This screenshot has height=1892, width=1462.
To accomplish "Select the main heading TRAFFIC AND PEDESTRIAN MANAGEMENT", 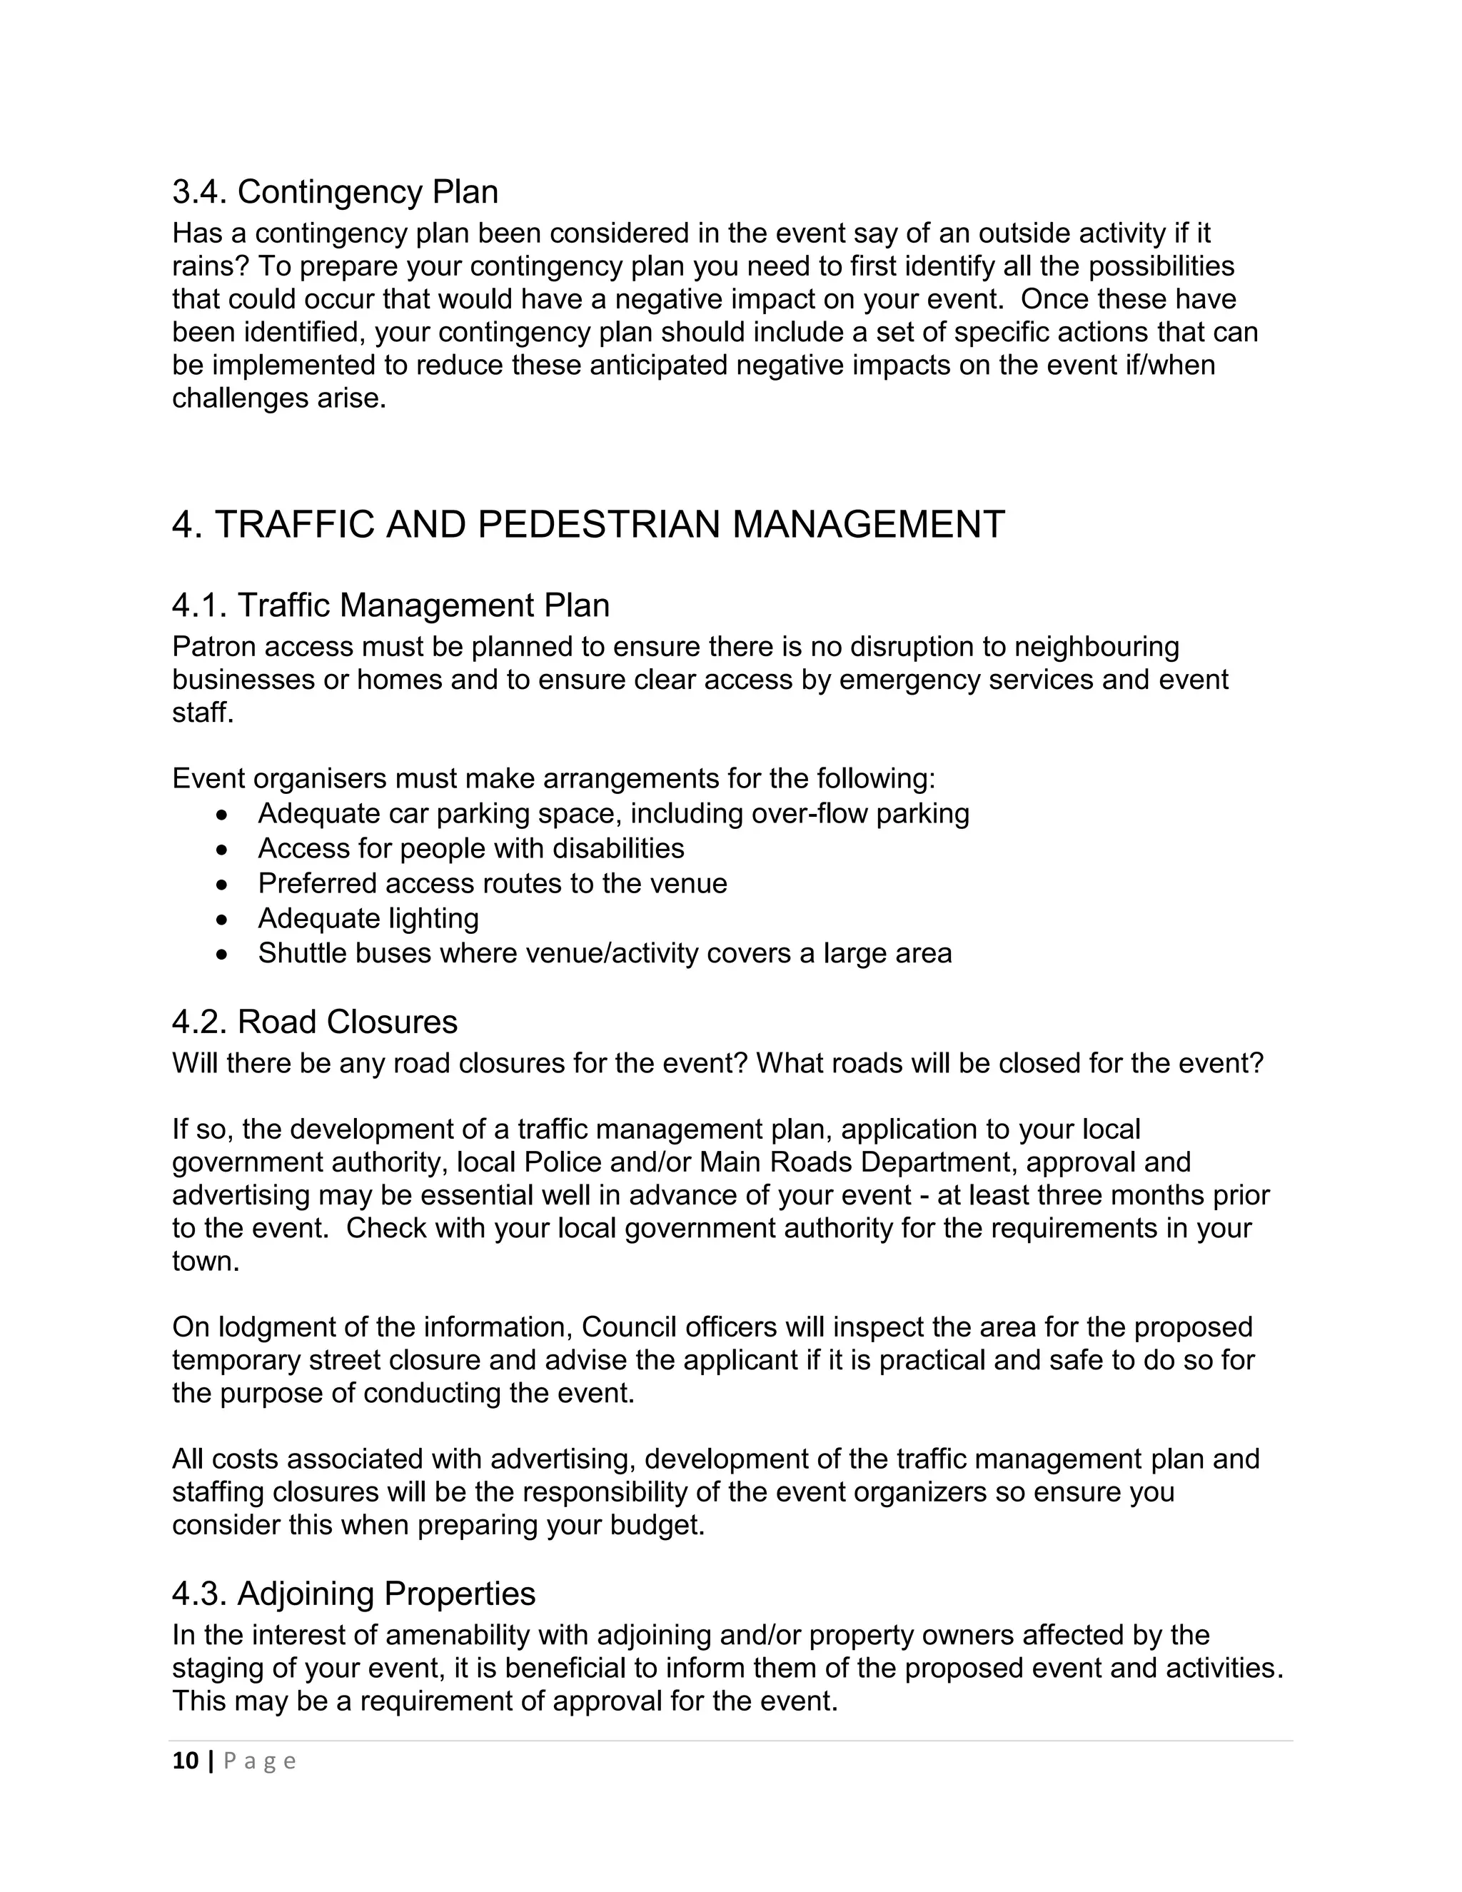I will click(588, 525).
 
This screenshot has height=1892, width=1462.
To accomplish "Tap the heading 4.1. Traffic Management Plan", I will click(390, 605).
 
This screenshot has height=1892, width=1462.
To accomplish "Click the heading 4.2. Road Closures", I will click(314, 1022).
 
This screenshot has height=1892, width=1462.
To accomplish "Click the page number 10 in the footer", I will click(186, 1761).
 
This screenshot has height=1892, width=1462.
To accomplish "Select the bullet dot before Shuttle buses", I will click(223, 955).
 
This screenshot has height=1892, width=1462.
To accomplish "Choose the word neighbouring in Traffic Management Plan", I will click(1096, 647).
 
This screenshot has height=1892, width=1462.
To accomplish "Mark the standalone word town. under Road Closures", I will click(206, 1262).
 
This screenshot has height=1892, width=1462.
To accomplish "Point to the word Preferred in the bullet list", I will click(316, 884).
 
